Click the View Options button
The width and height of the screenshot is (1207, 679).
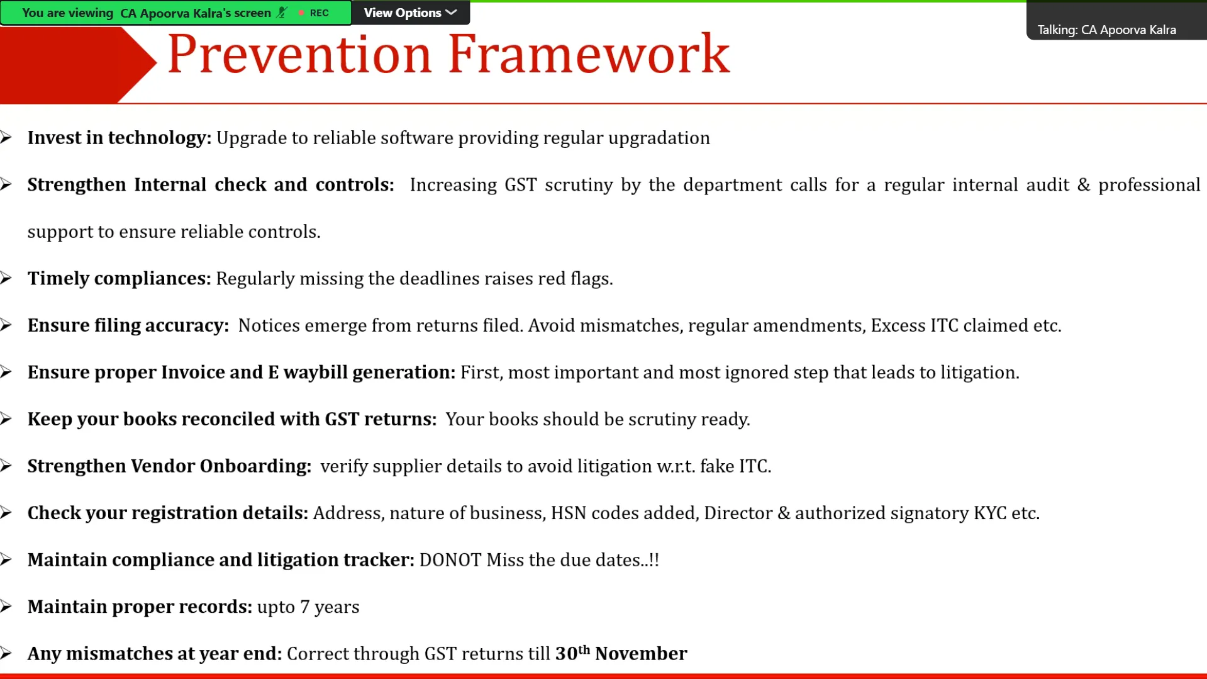pyautogui.click(x=410, y=13)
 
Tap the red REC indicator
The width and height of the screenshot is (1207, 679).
pyautogui.click(x=314, y=13)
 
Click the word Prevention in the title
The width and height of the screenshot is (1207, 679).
pyautogui.click(x=299, y=55)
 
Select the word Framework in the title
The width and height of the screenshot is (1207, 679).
pyautogui.click(x=589, y=55)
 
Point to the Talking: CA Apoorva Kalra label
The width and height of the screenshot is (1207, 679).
pyautogui.click(x=1106, y=30)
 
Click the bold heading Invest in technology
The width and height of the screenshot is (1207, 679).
pyautogui.click(x=120, y=138)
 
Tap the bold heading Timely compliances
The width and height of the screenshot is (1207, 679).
pyautogui.click(x=120, y=278)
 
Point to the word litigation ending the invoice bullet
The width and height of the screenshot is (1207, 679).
pyautogui.click(x=980, y=373)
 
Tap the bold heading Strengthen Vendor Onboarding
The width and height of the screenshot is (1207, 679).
pyautogui.click(x=169, y=466)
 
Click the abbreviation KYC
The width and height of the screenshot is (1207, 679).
pyautogui.click(x=990, y=513)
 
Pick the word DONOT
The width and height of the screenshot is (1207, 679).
pyautogui.click(x=450, y=560)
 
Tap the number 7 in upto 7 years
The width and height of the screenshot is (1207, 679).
pyautogui.click(x=305, y=607)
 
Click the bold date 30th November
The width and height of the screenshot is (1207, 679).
pyautogui.click(x=621, y=653)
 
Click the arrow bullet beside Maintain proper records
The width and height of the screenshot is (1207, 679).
pyautogui.click(x=6, y=607)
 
